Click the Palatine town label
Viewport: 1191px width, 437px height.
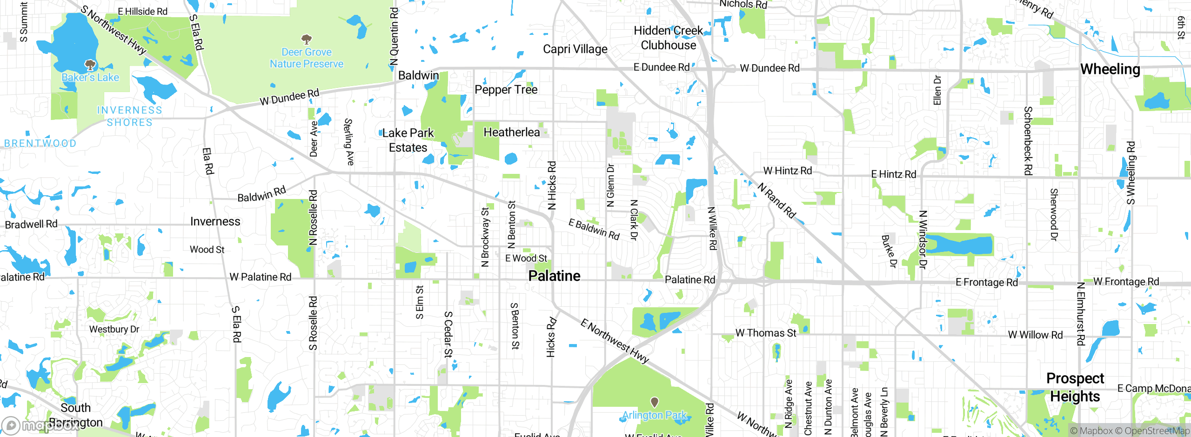pos(554,276)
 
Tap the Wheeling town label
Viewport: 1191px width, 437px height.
pos(1110,69)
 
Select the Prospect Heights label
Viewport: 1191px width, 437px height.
pos(1075,387)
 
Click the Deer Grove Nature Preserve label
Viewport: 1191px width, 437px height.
pos(307,58)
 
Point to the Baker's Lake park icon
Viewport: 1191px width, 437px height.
pos(90,65)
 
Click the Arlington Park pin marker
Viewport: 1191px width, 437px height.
pos(654,402)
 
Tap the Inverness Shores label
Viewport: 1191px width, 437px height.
pos(129,116)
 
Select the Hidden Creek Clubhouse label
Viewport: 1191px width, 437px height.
pos(669,38)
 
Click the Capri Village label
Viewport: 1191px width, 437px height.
pos(575,49)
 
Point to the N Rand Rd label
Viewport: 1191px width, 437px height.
pos(776,201)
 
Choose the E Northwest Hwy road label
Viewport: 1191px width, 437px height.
pos(614,341)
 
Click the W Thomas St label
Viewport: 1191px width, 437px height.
pos(766,333)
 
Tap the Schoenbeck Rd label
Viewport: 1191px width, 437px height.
pos(1028,140)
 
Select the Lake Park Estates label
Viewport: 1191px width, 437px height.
pos(408,140)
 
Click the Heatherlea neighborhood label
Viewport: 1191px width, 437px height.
pos(512,132)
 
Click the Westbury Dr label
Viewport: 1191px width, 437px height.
pos(114,329)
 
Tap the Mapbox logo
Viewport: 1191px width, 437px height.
pos(40,425)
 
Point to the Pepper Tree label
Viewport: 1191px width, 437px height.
pos(506,90)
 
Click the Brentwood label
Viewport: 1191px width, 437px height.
pos(40,144)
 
